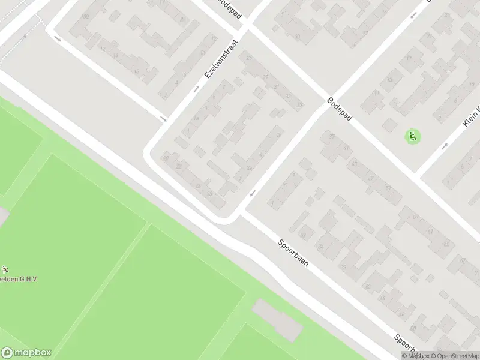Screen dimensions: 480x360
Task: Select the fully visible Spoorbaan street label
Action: [293, 253]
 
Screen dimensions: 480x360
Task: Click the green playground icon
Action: [412, 136]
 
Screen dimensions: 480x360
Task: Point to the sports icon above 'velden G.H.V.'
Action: [5, 268]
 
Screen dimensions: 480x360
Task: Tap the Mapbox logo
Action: [26, 353]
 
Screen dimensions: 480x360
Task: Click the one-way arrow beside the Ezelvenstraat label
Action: [197, 89]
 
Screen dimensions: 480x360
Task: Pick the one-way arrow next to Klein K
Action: [445, 145]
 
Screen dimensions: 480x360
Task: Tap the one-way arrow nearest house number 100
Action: [58, 39]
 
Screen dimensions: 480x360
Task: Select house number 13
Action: [389, 79]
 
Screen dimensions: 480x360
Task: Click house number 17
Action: [409, 58]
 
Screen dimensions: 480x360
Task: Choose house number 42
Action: [367, 287]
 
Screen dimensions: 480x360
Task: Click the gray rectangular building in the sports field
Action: [277, 319]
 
